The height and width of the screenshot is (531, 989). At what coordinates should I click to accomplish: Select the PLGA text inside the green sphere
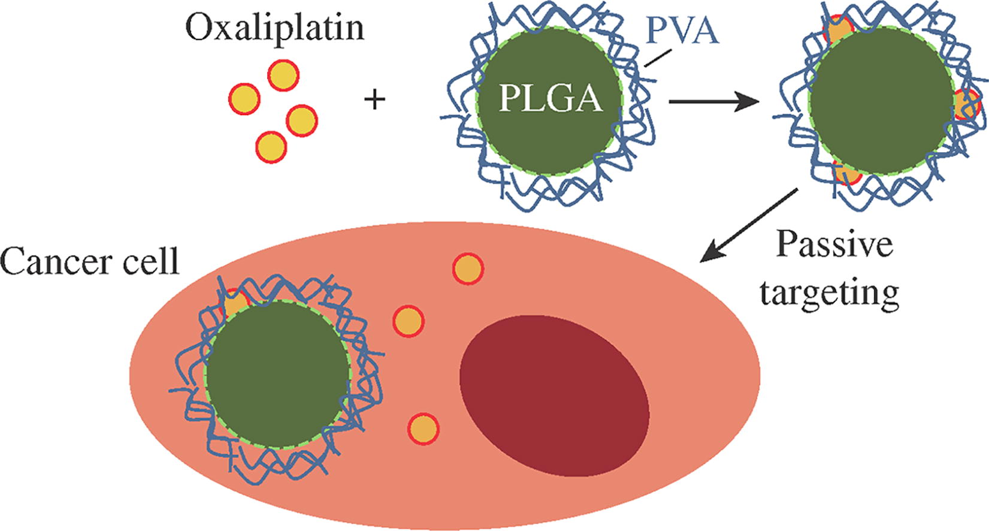[551, 99]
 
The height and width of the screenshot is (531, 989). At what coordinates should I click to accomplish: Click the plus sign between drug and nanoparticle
[375, 99]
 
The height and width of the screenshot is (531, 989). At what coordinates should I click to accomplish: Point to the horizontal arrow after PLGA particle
[713, 102]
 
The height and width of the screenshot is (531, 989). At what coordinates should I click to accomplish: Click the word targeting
[830, 292]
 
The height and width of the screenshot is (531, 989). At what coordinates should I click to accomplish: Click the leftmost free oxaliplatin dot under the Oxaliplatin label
[244, 99]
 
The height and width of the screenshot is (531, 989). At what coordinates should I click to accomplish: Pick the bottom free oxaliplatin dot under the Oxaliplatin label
[271, 146]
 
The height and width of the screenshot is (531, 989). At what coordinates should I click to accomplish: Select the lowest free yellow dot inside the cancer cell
[424, 429]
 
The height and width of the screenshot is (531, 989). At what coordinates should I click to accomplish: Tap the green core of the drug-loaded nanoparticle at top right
[881, 102]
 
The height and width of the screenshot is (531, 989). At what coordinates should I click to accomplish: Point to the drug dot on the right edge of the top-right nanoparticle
[966, 105]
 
